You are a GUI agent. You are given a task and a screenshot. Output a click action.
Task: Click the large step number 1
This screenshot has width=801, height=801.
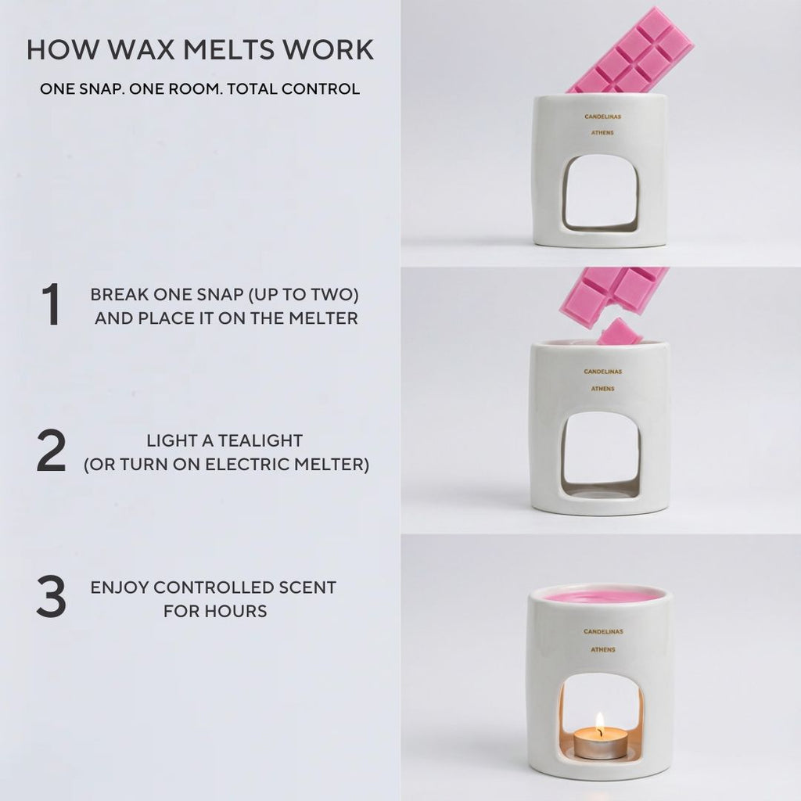coord(51,304)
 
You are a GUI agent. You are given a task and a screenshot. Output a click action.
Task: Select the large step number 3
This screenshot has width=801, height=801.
coord(51,596)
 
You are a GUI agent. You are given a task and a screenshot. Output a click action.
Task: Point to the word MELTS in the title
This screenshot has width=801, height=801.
coord(228,49)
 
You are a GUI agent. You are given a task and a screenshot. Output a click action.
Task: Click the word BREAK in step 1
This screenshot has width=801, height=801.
coord(119,295)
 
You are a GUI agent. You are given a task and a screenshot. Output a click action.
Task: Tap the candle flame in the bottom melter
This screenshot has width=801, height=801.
coord(600,722)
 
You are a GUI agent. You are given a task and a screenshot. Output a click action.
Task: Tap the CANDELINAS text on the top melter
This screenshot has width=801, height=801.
coord(603,117)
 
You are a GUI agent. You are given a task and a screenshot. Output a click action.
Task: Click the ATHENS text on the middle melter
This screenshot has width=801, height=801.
coord(603,389)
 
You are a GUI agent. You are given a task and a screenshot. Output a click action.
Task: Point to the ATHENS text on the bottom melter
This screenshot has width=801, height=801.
coord(603,650)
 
